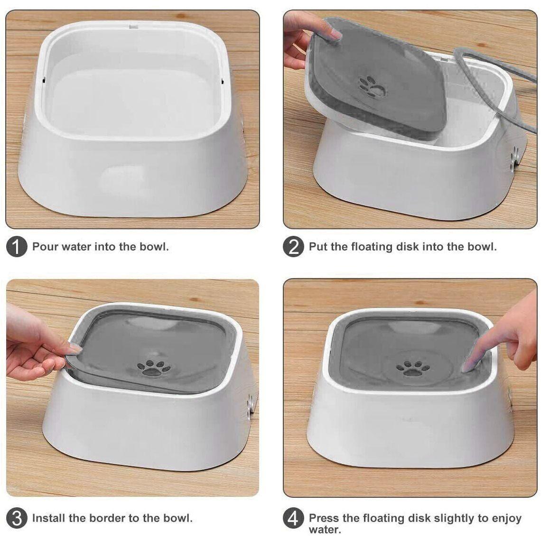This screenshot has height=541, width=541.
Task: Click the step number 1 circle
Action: pyautogui.click(x=17, y=247)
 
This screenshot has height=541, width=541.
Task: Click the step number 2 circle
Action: pyautogui.click(x=293, y=247)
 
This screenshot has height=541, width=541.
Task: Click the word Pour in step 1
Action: pyautogui.click(x=45, y=247)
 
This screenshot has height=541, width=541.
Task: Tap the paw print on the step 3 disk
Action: pyautogui.click(x=153, y=367)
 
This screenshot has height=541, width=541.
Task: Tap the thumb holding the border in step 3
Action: pyautogui.click(x=71, y=349)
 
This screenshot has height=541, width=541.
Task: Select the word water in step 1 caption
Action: pyautogui.click(x=77, y=247)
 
